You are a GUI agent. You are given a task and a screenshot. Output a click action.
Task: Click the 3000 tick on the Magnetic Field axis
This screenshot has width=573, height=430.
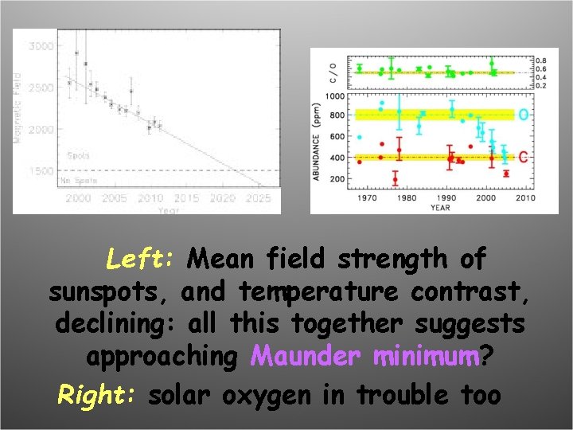pos(42,46)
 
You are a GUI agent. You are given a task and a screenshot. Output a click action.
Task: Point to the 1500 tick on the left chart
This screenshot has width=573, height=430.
pos(42,171)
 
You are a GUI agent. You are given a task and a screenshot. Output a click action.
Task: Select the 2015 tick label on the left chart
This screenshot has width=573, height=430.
pos(186,198)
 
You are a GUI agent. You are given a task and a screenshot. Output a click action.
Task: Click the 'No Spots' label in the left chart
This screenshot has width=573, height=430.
pos(79,181)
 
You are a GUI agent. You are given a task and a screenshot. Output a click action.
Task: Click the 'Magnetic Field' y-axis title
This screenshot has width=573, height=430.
pos(18,104)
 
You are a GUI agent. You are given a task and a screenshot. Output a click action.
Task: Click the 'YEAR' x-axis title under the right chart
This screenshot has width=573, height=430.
pos(439,209)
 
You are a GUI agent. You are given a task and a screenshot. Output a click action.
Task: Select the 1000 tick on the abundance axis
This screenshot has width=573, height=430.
pos(336,96)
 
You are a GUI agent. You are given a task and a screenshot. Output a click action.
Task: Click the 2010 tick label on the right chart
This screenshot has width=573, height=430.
pos(524,198)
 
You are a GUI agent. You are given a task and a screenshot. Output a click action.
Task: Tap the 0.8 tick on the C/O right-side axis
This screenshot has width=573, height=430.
pos(541,61)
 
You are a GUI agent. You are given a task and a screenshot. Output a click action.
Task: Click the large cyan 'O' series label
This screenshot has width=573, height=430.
pos(523,115)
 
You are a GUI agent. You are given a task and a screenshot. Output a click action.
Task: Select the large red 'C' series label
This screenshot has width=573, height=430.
pos(523,158)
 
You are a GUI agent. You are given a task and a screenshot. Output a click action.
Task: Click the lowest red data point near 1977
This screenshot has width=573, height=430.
pos(395,180)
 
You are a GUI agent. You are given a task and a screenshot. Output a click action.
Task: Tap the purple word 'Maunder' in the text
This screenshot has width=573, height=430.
pos(306,357)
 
